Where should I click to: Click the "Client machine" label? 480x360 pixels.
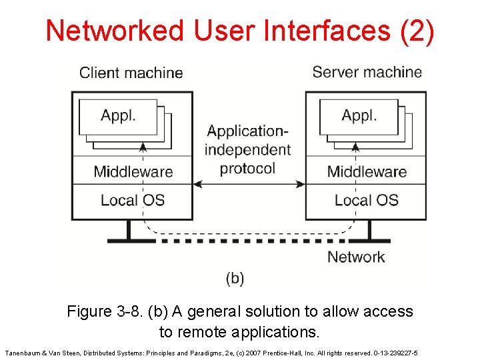[131, 73]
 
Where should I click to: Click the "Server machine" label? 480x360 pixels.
[367, 72]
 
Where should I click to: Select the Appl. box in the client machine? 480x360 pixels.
[118, 116]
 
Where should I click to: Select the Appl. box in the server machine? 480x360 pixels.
[359, 116]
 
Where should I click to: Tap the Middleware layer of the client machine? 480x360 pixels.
[133, 171]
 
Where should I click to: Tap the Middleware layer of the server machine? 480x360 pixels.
[366, 171]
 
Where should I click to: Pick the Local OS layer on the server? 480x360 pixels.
[366, 200]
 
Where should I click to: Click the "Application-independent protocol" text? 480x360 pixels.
[247, 149]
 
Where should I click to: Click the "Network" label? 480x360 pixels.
[356, 257]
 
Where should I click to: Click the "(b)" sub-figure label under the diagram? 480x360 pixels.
[235, 278]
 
